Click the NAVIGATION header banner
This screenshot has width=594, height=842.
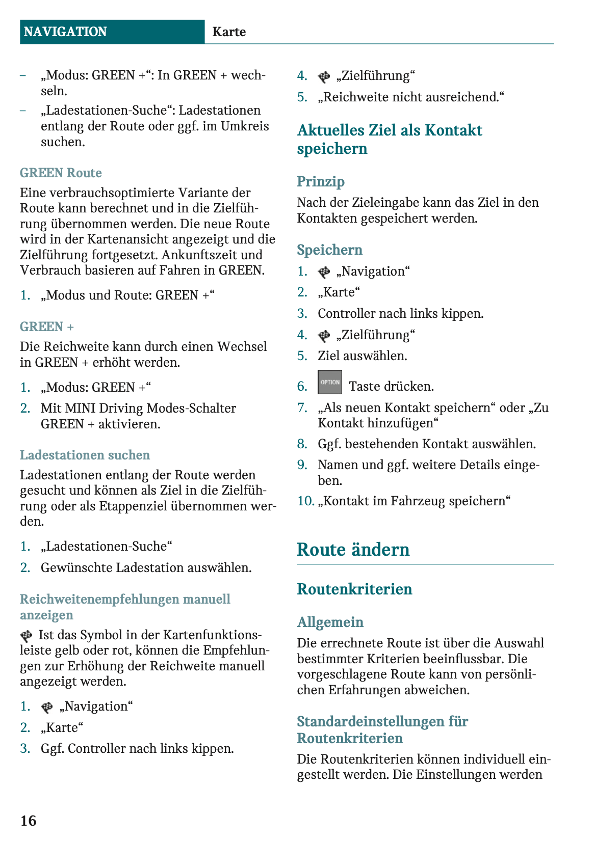pyautogui.click(x=112, y=32)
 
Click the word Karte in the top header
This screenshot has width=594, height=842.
pyautogui.click(x=229, y=32)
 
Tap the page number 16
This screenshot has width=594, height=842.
pyautogui.click(x=29, y=821)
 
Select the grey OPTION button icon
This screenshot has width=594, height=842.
pyautogui.click(x=330, y=383)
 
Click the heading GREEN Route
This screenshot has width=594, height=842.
pyautogui.click(x=61, y=173)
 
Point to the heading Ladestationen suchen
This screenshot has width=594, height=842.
pyautogui.click(x=85, y=455)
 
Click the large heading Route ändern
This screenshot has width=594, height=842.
pyautogui.click(x=353, y=550)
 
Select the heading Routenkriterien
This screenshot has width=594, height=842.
pyautogui.click(x=354, y=589)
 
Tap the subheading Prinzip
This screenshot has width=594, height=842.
pyautogui.click(x=321, y=182)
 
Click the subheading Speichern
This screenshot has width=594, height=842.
pyautogui.click(x=329, y=250)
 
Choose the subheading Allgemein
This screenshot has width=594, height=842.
pyautogui.click(x=330, y=622)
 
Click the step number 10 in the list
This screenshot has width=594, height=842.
pyautogui.click(x=305, y=501)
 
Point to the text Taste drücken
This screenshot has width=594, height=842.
pyautogui.click(x=391, y=387)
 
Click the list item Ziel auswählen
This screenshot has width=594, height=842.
pyautogui.click(x=362, y=356)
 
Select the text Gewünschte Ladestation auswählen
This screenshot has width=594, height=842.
pyautogui.click(x=146, y=567)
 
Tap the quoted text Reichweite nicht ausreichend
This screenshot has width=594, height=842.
pyautogui.click(x=411, y=97)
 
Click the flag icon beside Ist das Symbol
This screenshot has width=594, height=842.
pyautogui.click(x=26, y=636)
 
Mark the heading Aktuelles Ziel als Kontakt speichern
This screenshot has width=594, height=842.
pyautogui.click(x=390, y=139)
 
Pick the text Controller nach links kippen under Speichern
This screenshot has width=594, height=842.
pyautogui.click(x=400, y=313)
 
